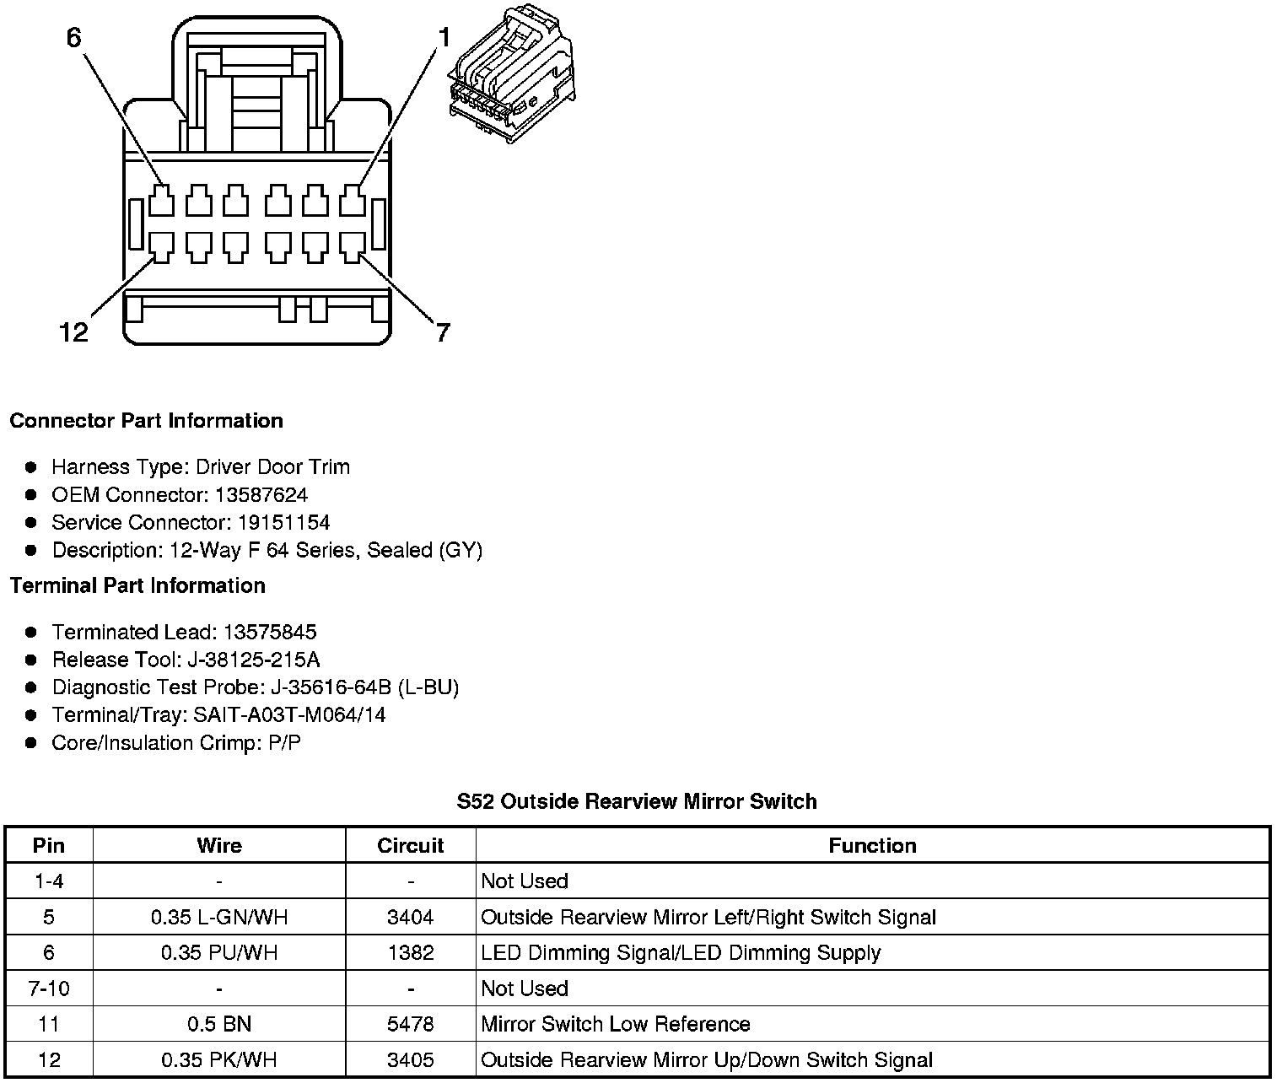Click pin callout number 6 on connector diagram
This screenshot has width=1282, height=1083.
pyautogui.click(x=74, y=38)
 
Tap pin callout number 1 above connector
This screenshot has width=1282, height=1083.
pyautogui.click(x=443, y=36)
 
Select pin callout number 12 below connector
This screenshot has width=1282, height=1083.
pyautogui.click(x=73, y=332)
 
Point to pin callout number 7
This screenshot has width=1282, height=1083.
pyautogui.click(x=442, y=332)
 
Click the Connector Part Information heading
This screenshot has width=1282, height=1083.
pyautogui.click(x=146, y=421)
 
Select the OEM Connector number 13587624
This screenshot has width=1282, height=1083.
pyautogui.click(x=261, y=495)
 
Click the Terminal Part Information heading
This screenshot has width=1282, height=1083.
pyautogui.click(x=137, y=586)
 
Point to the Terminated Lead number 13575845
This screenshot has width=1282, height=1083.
pyautogui.click(x=269, y=633)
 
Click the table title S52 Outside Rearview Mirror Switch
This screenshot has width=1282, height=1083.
pyautogui.click(x=637, y=801)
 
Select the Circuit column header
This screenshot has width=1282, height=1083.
pyautogui.click(x=411, y=846)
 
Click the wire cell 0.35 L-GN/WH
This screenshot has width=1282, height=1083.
pyautogui.click(x=218, y=918)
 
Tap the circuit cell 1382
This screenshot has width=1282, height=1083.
pyautogui.click(x=411, y=953)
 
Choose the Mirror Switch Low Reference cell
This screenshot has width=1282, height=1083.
pyautogui.click(x=615, y=1025)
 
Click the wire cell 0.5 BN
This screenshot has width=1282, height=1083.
pyautogui.click(x=218, y=1025)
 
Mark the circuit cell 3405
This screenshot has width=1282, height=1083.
pyautogui.click(x=411, y=1060)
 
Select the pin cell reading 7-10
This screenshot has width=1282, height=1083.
pyautogui.click(x=49, y=989)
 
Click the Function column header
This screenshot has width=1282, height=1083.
pyautogui.click(x=872, y=846)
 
